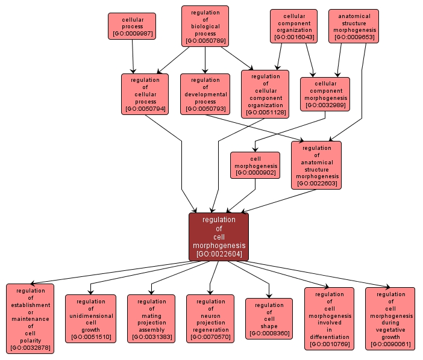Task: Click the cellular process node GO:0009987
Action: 132,26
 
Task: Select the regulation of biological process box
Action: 205,26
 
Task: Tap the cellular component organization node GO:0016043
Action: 293,26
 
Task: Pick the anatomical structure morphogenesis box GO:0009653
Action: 354,26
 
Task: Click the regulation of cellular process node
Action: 145,94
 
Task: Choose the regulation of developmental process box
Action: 205,94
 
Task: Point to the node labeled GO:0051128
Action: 265,94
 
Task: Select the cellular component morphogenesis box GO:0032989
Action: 325,94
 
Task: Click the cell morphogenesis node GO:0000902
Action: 255,165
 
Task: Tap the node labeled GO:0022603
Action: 316,165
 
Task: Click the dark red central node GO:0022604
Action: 219,237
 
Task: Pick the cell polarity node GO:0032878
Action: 30,318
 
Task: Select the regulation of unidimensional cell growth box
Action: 90,318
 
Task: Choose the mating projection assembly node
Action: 151,318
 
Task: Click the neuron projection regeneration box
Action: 210,318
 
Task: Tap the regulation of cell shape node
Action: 269,318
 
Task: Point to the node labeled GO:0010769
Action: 329,318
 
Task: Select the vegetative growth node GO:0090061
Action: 390,318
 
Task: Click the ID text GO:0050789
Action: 205,42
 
